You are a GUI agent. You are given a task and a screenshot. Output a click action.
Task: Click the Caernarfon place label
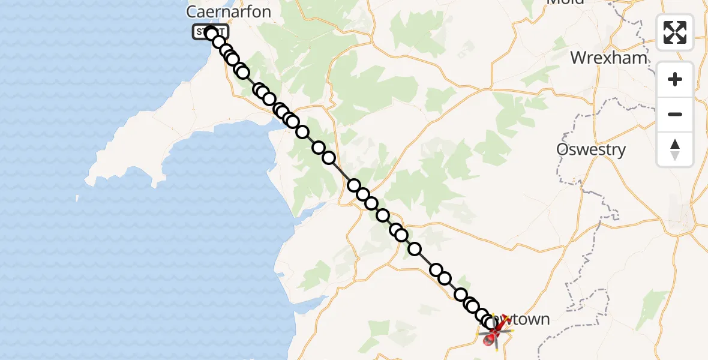[229, 11]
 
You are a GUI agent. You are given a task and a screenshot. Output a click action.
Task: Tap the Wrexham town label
[609, 58]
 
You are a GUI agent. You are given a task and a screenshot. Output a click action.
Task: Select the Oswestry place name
[591, 149]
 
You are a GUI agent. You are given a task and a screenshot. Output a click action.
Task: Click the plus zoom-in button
[675, 79]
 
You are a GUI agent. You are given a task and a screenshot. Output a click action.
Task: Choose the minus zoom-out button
[675, 114]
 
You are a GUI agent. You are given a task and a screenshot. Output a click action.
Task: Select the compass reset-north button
[675, 149]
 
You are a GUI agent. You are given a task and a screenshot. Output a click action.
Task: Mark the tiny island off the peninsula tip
[77, 198]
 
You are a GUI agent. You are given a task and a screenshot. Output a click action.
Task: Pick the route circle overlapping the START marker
[212, 34]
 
